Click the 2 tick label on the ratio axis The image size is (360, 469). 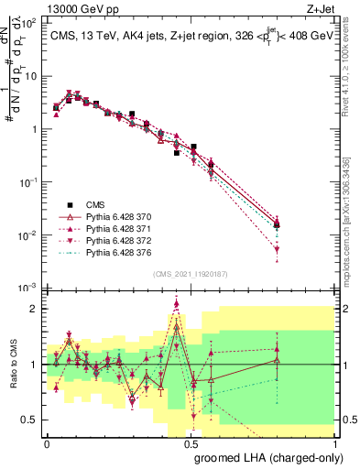34,309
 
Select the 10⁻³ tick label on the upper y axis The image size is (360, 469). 29,288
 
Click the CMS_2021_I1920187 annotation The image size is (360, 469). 190,272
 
